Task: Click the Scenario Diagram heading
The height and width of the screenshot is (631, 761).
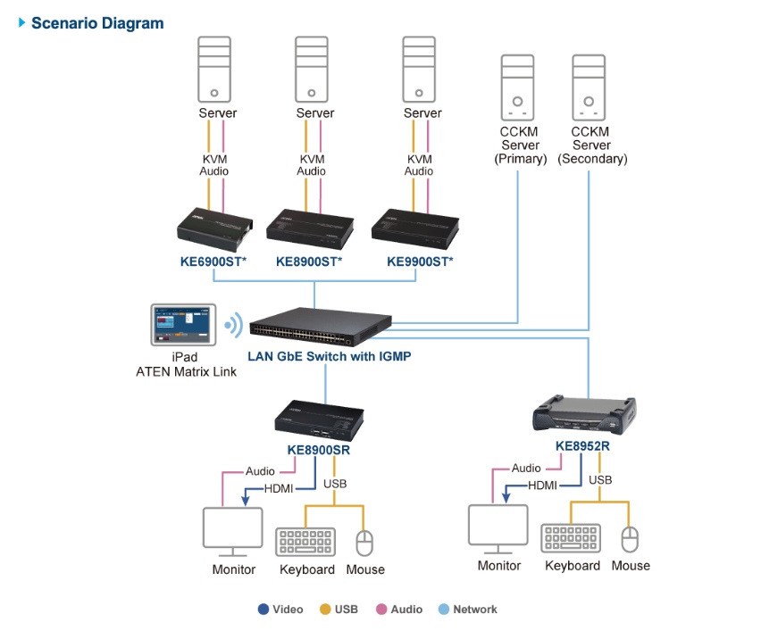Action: point(97,23)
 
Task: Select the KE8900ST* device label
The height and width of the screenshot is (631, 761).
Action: point(309,262)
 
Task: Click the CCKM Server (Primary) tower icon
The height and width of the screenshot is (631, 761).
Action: point(519,88)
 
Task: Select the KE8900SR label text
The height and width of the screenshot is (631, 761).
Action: point(319,450)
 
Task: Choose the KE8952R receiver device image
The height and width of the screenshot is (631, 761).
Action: point(590,414)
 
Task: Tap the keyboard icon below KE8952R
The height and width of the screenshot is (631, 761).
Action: point(571,539)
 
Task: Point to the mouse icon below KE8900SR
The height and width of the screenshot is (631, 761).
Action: point(364,543)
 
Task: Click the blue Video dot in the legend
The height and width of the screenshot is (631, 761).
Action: point(263,610)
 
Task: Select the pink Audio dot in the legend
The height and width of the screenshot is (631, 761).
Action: point(380,610)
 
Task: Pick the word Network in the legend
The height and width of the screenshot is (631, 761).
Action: point(474,610)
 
